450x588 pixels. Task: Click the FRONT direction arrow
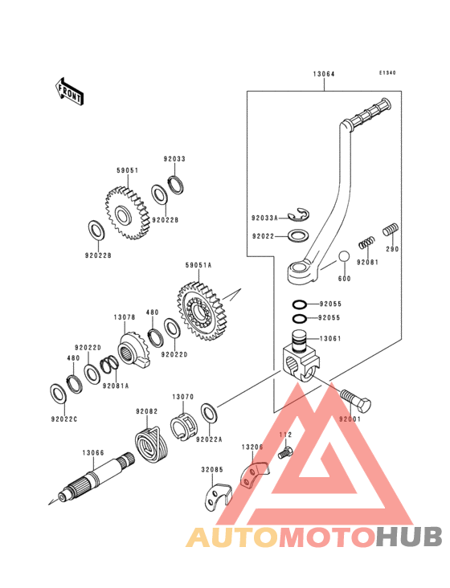(69, 91)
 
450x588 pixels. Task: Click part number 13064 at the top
(324, 74)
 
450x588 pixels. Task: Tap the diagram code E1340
(387, 73)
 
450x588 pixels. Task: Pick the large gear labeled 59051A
(202, 311)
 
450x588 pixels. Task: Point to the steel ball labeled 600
(344, 257)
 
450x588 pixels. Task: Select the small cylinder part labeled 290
(391, 229)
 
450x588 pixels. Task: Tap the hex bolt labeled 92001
(355, 400)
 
